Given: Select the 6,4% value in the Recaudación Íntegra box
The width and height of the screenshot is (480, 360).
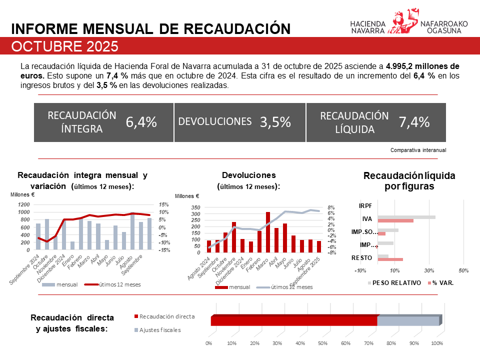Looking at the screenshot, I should pos(141,122).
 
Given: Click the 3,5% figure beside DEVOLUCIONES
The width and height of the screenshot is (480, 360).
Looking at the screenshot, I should pos(275,122).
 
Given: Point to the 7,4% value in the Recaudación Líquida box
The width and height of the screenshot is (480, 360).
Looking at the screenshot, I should pos(414,122).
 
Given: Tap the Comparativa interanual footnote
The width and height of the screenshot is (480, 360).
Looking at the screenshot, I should pos(418,149).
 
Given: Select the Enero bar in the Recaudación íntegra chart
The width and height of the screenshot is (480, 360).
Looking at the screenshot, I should pos(73,245).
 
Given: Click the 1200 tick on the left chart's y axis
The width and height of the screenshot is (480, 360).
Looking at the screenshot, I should pos(24,205).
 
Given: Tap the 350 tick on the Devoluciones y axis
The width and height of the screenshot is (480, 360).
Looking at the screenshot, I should pos(195,207).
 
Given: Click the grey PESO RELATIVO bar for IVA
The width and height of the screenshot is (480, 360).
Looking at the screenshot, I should pos(406,217).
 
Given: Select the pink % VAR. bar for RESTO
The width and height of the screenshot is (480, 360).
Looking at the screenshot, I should pos(390,259).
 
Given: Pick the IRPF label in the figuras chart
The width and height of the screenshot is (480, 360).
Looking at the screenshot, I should pos(365,205).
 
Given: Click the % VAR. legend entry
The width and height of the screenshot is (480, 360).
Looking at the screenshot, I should pos(442,282).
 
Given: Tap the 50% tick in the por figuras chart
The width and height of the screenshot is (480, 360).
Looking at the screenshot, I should pos(463,270).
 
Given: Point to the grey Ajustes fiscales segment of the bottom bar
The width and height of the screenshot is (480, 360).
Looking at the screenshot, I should pos(407,321).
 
